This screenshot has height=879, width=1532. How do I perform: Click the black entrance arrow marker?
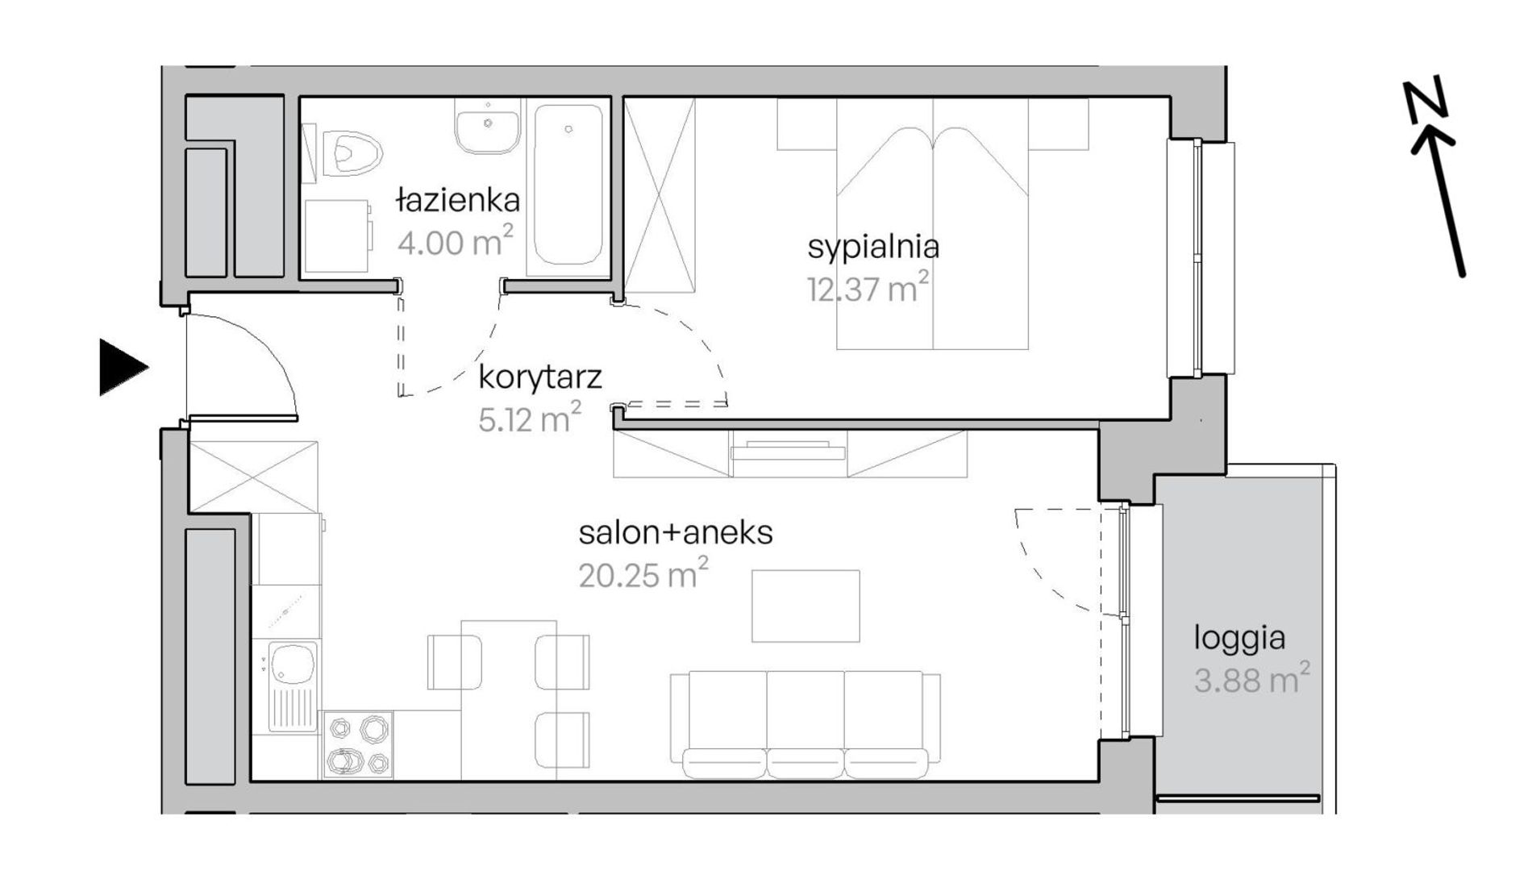click(123, 368)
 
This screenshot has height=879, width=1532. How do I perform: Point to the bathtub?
click(568, 186)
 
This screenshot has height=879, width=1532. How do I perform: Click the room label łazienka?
click(458, 200)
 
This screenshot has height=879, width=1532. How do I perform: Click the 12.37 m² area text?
click(868, 287)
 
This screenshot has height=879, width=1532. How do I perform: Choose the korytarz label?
click(540, 377)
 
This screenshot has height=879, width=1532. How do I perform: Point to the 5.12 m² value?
click(529, 419)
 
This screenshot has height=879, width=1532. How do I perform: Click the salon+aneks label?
click(676, 532)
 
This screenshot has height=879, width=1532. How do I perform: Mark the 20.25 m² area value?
click(643, 574)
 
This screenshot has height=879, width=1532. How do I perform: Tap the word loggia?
click(1239, 639)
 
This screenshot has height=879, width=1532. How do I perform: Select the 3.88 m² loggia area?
click(1251, 680)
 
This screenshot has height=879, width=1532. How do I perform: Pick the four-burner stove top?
click(358, 744)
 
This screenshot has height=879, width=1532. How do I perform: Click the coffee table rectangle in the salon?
click(806, 606)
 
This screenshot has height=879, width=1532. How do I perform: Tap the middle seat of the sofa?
click(805, 724)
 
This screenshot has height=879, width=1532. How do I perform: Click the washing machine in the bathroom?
click(339, 236)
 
